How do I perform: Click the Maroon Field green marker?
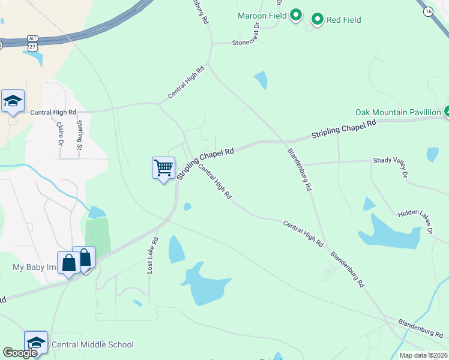(x=296, y=15)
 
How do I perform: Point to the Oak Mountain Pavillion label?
(x=398, y=112)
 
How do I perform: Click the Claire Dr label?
(x=60, y=135)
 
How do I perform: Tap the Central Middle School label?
(x=93, y=344)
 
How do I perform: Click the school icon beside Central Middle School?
(x=37, y=341)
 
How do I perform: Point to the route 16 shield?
(x=427, y=12)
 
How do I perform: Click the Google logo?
(x=20, y=353)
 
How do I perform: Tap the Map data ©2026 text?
(x=423, y=355)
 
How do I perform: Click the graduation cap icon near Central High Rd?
(x=13, y=101)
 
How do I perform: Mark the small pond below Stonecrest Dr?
(x=261, y=80)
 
